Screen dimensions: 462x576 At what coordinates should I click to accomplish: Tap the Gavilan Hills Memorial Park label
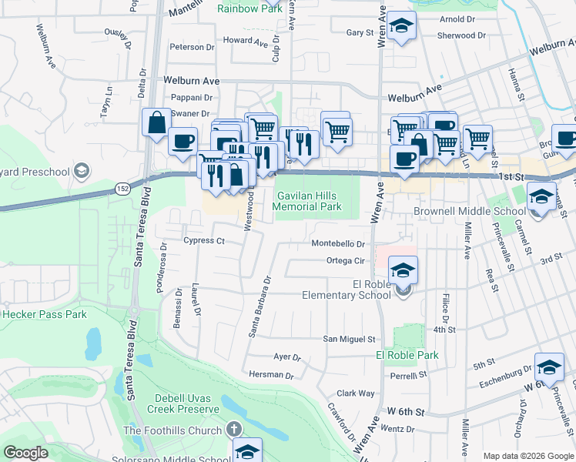(308, 202)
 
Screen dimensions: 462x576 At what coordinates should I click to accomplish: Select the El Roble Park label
(407, 355)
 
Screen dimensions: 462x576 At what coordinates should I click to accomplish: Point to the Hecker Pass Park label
(44, 314)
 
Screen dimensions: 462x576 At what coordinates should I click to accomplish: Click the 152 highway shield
(122, 188)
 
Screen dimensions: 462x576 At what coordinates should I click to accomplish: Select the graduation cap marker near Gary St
(400, 27)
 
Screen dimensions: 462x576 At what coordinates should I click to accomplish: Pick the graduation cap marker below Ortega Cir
(402, 272)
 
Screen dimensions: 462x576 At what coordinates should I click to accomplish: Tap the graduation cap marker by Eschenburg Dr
(549, 367)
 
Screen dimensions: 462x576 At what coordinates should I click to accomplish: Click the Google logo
(25, 453)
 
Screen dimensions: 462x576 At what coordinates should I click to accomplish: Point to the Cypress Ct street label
(203, 241)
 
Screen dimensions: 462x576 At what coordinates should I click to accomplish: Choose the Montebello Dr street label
(337, 243)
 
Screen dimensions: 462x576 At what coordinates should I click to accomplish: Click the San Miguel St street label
(348, 339)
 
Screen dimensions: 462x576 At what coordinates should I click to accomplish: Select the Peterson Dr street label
(192, 47)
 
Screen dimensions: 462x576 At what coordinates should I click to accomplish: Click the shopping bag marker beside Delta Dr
(156, 122)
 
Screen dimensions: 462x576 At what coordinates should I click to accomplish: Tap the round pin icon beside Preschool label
(82, 171)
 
